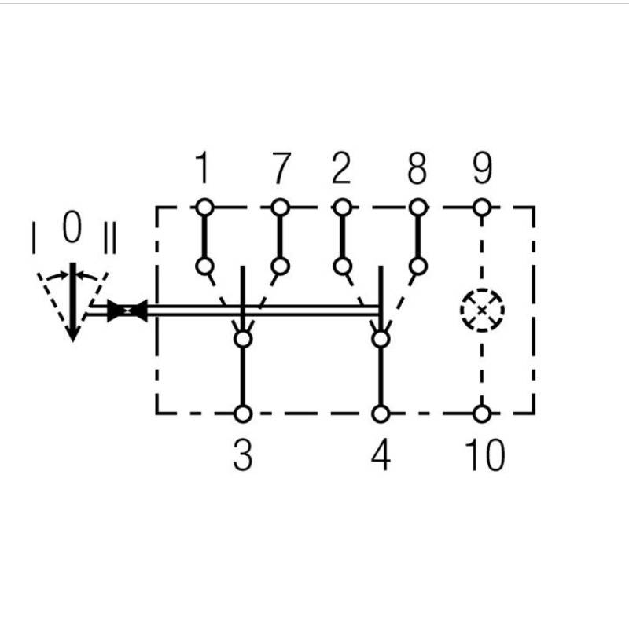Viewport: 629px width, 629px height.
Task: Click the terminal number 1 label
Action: point(204,167)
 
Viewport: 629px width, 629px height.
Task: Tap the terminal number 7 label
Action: point(281,167)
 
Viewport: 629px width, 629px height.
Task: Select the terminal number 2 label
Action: point(341,167)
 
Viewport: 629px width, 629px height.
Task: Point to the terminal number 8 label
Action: point(417,167)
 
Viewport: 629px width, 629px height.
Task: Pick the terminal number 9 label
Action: point(482,167)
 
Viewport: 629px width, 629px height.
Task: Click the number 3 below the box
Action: point(243,455)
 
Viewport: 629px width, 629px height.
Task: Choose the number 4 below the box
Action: point(381,455)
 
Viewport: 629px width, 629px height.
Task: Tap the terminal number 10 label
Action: point(485,455)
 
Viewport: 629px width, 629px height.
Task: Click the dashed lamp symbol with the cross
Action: point(482,311)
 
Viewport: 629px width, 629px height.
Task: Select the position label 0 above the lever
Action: point(72,226)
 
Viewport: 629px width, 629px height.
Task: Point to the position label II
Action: point(109,238)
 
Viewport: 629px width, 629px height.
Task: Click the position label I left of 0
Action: point(34,237)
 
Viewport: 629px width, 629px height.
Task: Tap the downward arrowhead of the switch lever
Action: point(72,333)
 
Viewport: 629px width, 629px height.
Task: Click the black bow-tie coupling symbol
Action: point(127,311)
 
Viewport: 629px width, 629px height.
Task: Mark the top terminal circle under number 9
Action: point(482,208)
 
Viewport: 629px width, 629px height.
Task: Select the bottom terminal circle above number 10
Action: point(482,414)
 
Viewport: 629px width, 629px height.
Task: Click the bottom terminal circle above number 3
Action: point(243,414)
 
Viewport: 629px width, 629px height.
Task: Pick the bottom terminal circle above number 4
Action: point(381,414)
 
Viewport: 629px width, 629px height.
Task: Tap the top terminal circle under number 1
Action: point(204,208)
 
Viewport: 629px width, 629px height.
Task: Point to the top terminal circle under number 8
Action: point(418,208)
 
